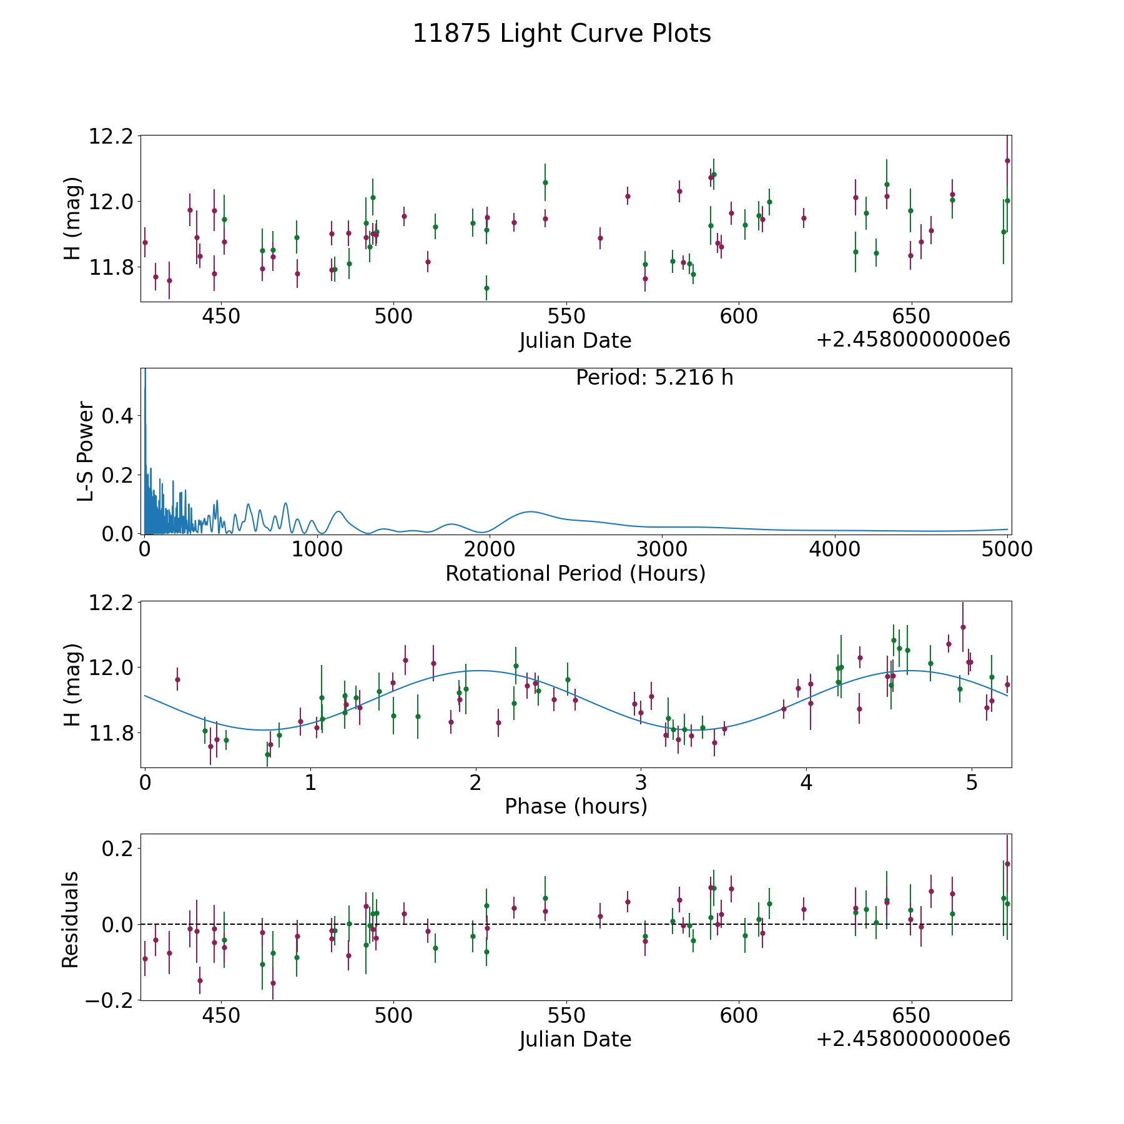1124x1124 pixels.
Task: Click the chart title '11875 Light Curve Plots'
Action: pyautogui.click(x=561, y=34)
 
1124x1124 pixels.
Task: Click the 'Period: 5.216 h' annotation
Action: pyautogui.click(x=654, y=378)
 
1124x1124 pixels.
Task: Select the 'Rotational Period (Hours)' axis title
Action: pyautogui.click(x=575, y=573)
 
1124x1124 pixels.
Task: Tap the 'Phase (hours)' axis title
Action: pyautogui.click(x=575, y=806)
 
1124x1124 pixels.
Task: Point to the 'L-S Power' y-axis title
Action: pyautogui.click(x=86, y=451)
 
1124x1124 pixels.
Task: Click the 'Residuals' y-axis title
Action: pyautogui.click(x=70, y=919)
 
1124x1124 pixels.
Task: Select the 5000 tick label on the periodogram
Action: pyautogui.click(x=1007, y=550)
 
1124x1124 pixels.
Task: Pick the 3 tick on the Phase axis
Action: pyautogui.click(x=641, y=782)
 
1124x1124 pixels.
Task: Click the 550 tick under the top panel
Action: pyautogui.click(x=566, y=316)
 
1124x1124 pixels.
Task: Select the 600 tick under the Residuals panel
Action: pyautogui.click(x=738, y=1015)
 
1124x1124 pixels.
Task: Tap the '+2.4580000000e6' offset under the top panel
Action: pyautogui.click(x=913, y=340)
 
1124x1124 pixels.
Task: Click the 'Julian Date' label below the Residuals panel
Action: pyautogui.click(x=575, y=1039)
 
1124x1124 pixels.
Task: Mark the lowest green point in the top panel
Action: pyautogui.click(x=486, y=288)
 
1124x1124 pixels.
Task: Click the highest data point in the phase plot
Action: pyautogui.click(x=963, y=627)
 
